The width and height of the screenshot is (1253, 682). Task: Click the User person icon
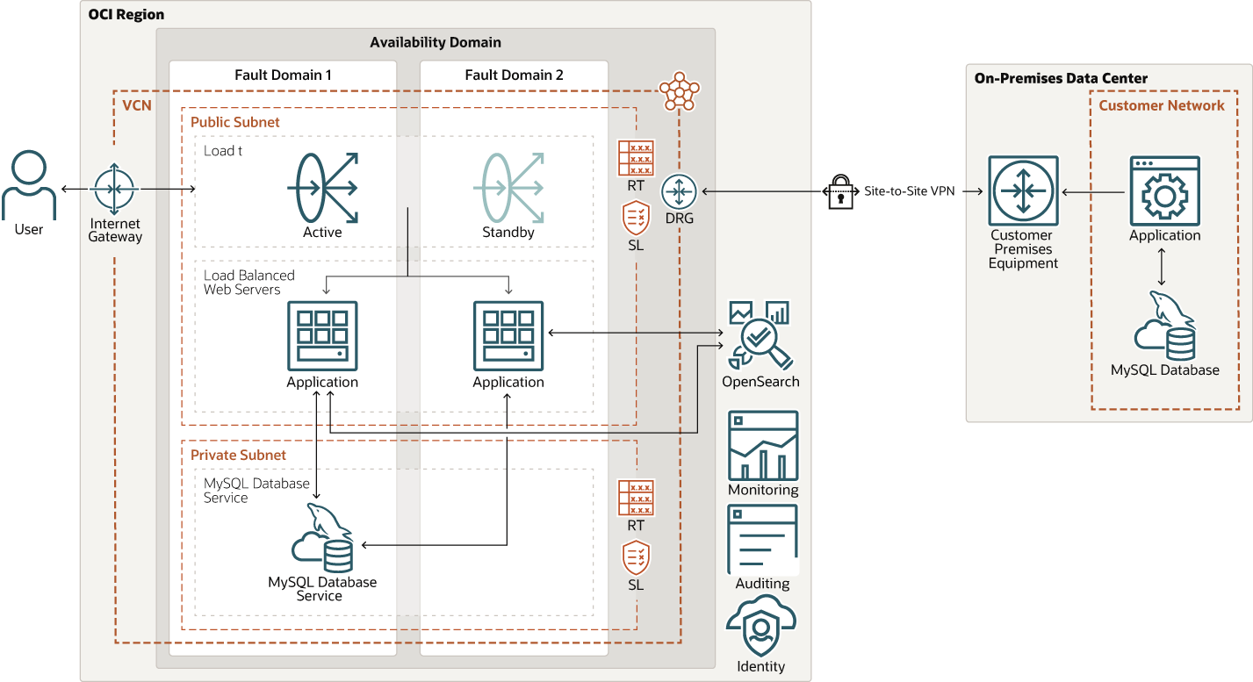pyautogui.click(x=29, y=186)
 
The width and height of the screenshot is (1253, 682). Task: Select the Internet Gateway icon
pyautogui.click(x=115, y=189)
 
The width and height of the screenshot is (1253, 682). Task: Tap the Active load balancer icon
pyautogui.click(x=322, y=187)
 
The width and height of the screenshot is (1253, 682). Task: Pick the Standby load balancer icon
pyautogui.click(x=508, y=187)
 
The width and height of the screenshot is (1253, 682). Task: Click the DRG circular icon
pyautogui.click(x=679, y=190)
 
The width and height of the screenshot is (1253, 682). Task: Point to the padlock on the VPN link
pyautogui.click(x=840, y=190)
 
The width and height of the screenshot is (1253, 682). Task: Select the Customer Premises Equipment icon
pyautogui.click(x=1023, y=190)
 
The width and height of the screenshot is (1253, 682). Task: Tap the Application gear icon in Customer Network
pyautogui.click(x=1164, y=190)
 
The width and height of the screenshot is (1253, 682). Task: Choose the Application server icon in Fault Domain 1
pyautogui.click(x=322, y=335)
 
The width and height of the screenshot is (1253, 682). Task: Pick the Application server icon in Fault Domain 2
pyautogui.click(x=508, y=335)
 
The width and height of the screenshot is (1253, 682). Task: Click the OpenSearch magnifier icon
pyautogui.click(x=760, y=335)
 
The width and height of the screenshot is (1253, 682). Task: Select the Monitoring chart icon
pyautogui.click(x=762, y=445)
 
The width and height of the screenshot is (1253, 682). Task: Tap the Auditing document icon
pyautogui.click(x=762, y=538)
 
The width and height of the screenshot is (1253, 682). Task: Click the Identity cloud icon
pyautogui.click(x=760, y=625)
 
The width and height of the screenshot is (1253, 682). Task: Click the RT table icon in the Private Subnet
pyautogui.click(x=636, y=497)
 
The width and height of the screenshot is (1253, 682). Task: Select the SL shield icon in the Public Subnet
pyautogui.click(x=636, y=218)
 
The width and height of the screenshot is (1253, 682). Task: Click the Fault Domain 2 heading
pyautogui.click(x=514, y=75)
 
